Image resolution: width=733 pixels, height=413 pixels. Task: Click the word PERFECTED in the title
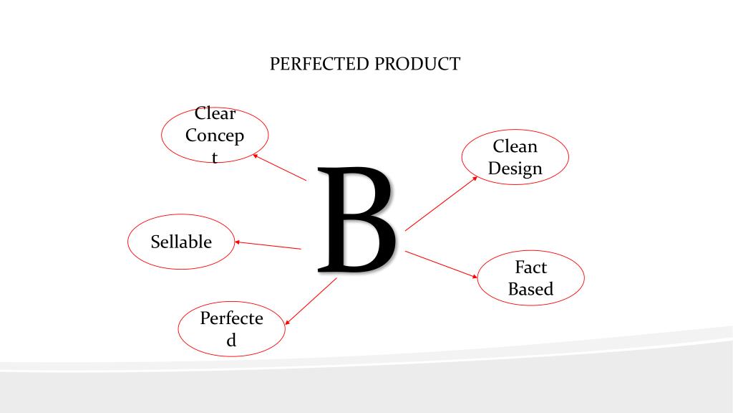tap(320, 64)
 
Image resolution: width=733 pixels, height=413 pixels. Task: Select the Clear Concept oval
tap(215, 136)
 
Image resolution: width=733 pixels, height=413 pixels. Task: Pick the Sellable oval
tap(181, 242)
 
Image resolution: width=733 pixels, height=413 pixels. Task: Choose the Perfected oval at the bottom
tap(231, 329)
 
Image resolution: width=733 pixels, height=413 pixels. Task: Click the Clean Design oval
tap(515, 157)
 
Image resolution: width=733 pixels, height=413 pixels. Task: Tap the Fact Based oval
tap(530, 278)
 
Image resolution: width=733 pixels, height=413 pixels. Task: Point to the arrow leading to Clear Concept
tap(280, 166)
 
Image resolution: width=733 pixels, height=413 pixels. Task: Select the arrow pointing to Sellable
tap(268, 245)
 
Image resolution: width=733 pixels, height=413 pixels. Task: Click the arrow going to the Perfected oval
tap(311, 301)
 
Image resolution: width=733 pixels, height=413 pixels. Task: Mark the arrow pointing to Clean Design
tap(441, 204)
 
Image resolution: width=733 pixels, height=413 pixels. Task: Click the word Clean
tap(515, 146)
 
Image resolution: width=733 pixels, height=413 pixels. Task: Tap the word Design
tap(515, 168)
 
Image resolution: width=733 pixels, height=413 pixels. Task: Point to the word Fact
tap(530, 267)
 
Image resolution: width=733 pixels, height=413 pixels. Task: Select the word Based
tap(530, 289)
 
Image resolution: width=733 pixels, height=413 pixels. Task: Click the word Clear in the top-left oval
tap(215, 114)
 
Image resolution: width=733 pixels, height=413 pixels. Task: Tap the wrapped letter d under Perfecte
tap(231, 341)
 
